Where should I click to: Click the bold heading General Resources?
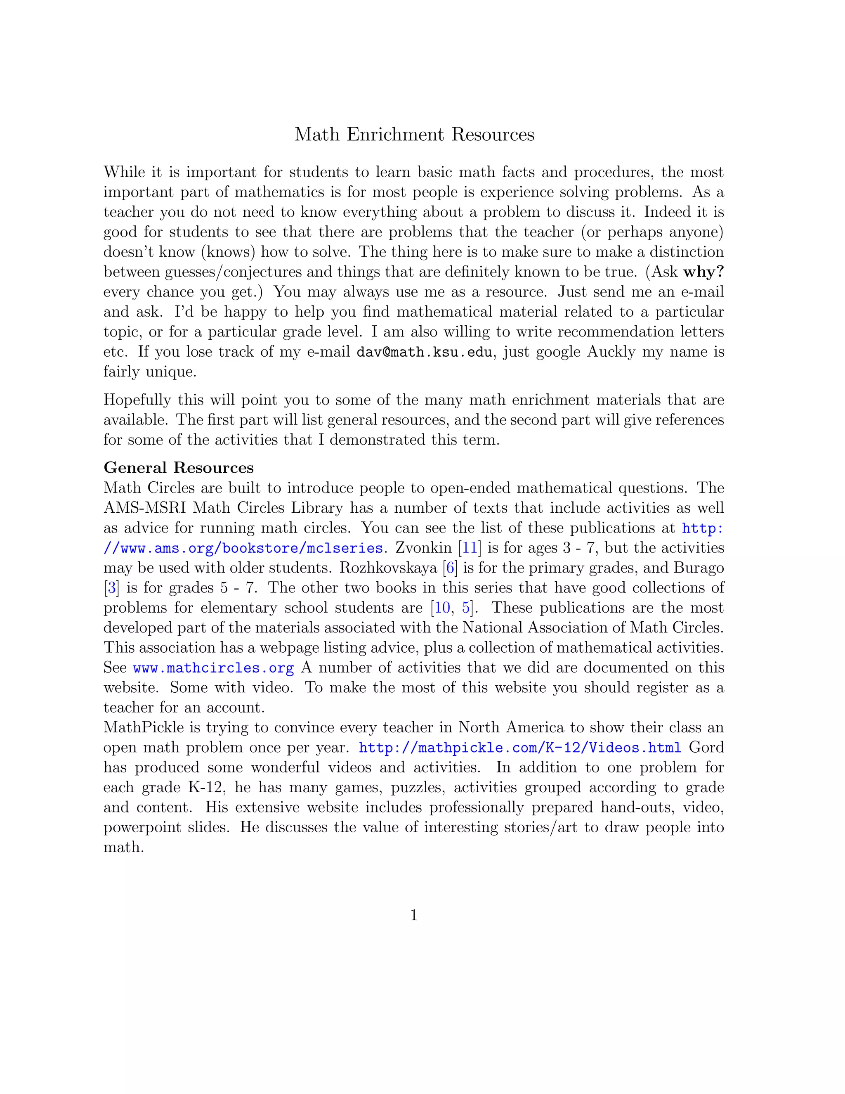(x=178, y=467)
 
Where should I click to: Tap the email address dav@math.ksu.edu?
(x=425, y=352)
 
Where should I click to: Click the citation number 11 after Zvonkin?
(x=470, y=548)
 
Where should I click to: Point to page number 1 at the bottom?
(x=414, y=915)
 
